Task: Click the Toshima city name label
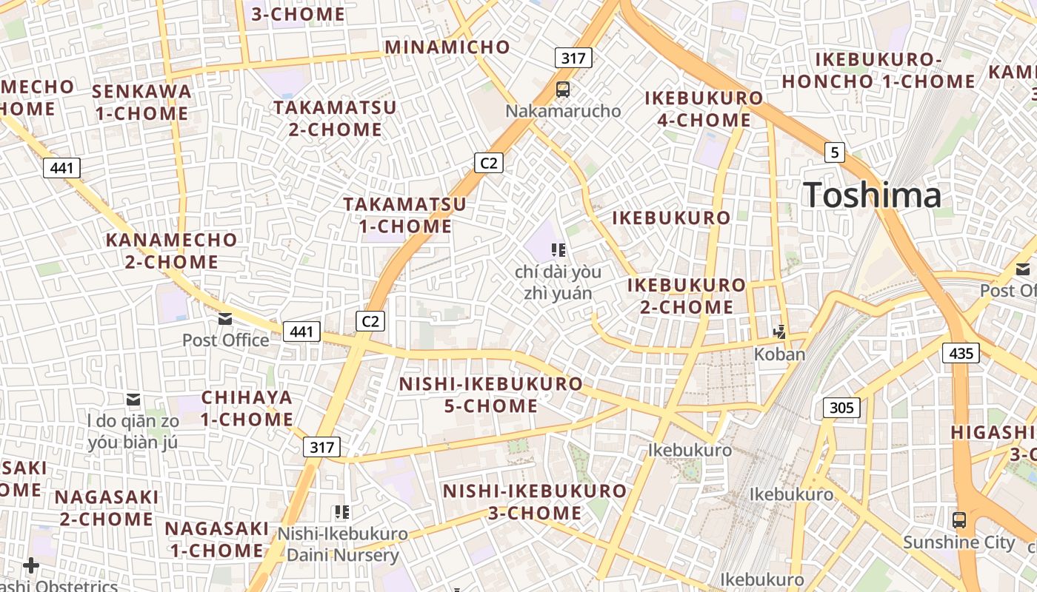pos(872,195)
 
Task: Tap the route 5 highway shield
pos(835,153)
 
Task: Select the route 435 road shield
pos(961,353)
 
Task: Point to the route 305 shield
pos(841,407)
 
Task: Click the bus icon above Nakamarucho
pos(563,90)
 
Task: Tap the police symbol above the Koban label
pos(779,332)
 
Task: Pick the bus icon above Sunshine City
pos(959,519)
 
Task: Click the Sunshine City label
pos(958,542)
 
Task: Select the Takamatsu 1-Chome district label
pos(405,215)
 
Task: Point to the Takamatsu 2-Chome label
pos(335,118)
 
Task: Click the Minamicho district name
pos(447,47)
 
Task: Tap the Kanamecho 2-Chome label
pos(171,251)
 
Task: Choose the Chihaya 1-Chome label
pos(247,408)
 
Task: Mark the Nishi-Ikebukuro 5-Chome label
pos(491,395)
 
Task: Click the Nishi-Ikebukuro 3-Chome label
pos(534,502)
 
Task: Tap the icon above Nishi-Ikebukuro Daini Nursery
pos(341,511)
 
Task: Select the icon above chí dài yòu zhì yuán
pos(558,250)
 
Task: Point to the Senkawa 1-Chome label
pos(141,102)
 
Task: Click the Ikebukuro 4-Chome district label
pos(704,109)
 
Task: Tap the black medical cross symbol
pos(31,566)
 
